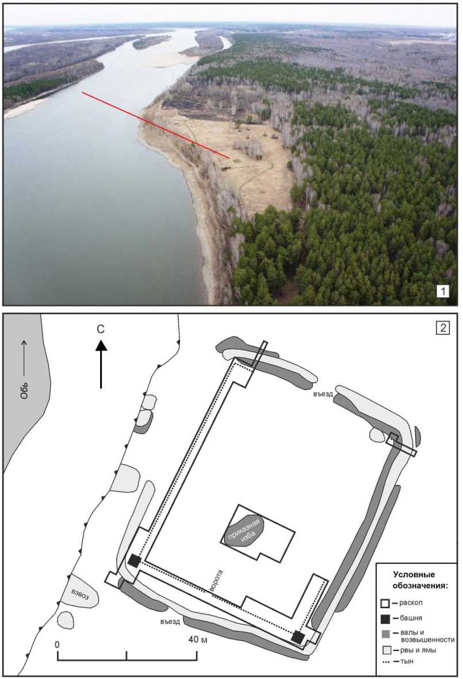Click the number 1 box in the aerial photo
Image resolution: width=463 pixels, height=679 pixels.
point(443,291)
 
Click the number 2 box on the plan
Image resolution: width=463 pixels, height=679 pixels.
point(443,327)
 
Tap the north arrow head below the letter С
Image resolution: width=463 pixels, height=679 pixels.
point(101,345)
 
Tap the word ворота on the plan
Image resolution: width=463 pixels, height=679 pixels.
point(215,580)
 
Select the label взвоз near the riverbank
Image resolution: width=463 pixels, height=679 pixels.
point(79,594)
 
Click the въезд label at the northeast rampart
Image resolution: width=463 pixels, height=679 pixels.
point(323,394)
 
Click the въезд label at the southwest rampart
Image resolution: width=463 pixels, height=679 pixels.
point(170,621)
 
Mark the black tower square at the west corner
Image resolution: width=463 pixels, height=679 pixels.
point(134,561)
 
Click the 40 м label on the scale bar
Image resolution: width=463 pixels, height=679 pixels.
point(198,639)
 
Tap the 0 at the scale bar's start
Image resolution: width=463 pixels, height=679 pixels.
point(57,645)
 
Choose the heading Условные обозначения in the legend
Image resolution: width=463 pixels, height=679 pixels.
point(420,580)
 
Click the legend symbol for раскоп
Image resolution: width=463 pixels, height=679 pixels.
point(385,603)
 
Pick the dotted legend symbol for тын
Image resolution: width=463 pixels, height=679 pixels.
point(387,662)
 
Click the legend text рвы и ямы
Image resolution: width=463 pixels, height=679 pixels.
point(418,650)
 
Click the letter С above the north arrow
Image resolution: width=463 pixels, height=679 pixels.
point(101,330)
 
